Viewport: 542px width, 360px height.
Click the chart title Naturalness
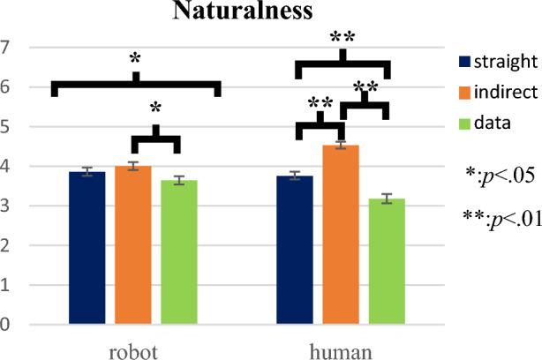(270, 11)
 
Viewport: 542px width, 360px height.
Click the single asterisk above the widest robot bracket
(135, 59)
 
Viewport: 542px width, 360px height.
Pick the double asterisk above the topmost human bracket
(343, 38)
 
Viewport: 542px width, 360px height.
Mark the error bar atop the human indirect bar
(341, 146)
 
